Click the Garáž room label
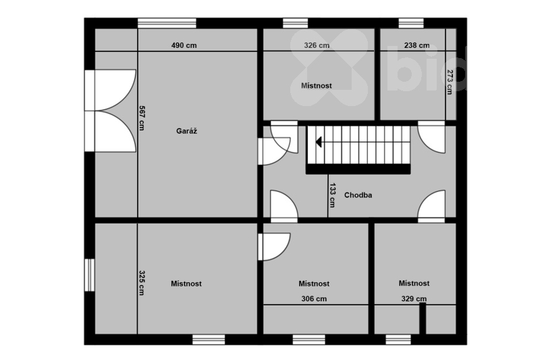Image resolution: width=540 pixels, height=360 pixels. tap(187, 131)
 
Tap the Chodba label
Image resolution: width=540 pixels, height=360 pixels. tap(358, 195)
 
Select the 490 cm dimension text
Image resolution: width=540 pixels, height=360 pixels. tap(184, 45)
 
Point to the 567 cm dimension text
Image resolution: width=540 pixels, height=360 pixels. tap(142, 118)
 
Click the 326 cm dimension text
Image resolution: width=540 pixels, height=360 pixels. tap(317, 45)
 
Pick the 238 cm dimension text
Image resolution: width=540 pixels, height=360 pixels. tap(416, 45)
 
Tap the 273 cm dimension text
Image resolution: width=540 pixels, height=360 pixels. tap(450, 82)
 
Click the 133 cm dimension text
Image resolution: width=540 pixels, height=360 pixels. tap(332, 195)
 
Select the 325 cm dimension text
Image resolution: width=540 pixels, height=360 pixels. tap(142, 283)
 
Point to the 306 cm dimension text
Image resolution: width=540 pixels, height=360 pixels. tap(314, 299)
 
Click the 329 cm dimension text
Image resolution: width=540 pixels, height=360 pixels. tap(414, 299)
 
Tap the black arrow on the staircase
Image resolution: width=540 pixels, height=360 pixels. tap(319, 142)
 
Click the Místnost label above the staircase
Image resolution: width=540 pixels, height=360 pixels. tap(317, 85)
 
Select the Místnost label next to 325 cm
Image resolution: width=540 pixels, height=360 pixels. tap(186, 284)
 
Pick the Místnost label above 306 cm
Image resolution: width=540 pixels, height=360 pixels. tap(314, 284)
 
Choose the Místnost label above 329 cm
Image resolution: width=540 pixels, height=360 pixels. tap(414, 283)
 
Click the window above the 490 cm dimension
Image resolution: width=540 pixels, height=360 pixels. tap(167, 23)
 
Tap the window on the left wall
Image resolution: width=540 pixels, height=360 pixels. tap(90, 275)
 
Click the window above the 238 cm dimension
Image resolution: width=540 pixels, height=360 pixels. tap(411, 23)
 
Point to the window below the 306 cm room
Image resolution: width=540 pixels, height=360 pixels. tap(309, 340)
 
